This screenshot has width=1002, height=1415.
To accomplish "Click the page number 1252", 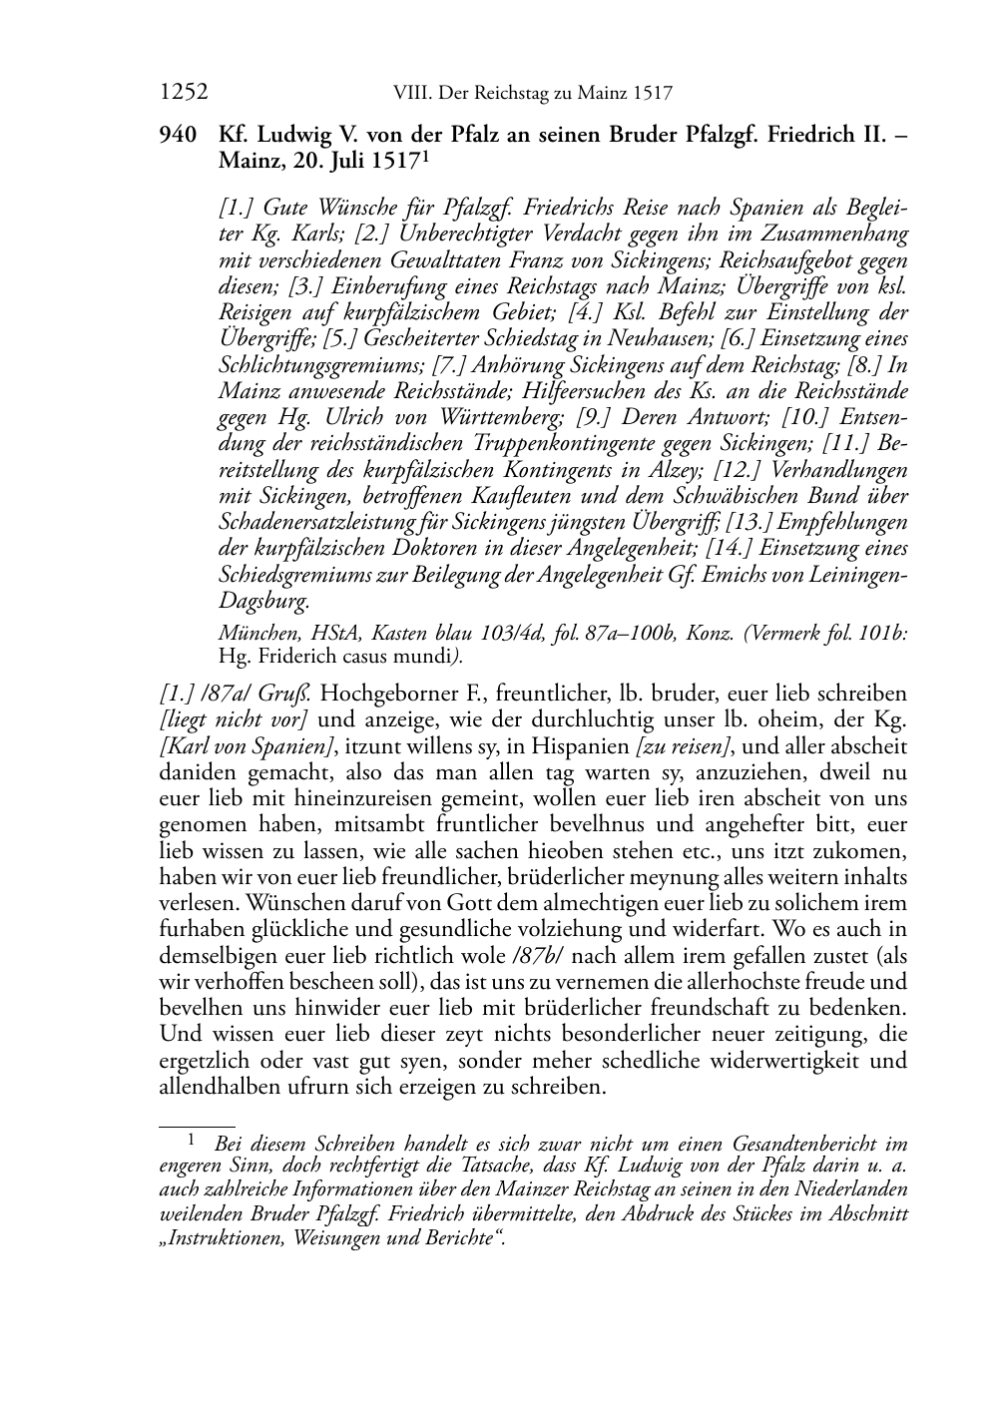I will (183, 93).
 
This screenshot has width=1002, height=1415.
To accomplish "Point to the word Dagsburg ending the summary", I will (263, 600).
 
